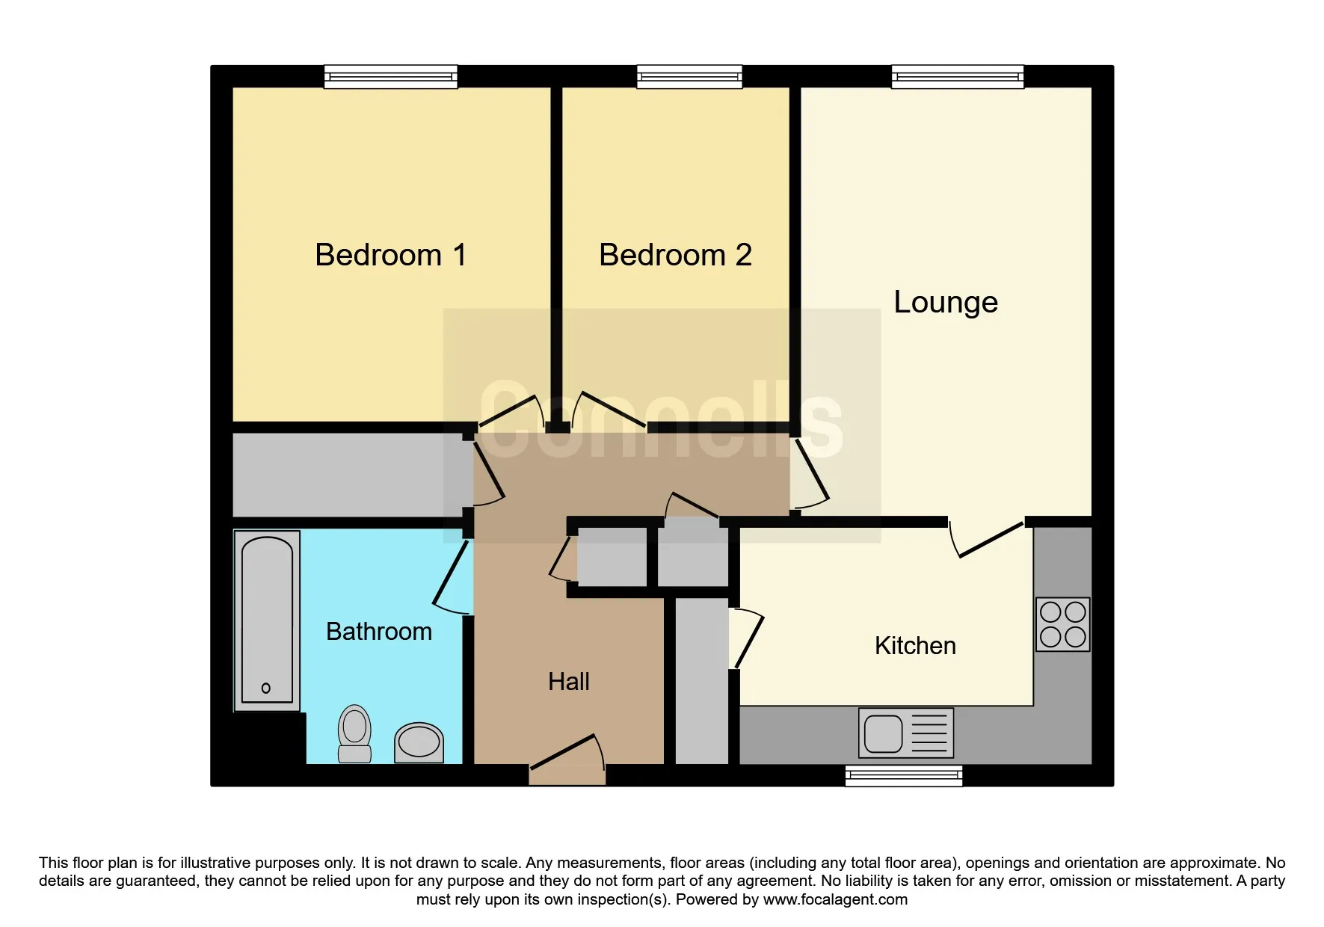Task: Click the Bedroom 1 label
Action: click(391, 255)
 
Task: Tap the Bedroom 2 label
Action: click(675, 255)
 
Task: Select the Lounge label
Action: click(946, 303)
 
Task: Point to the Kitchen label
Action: click(915, 645)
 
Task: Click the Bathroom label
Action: click(379, 632)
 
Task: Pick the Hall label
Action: click(568, 682)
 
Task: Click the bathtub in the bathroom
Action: click(267, 620)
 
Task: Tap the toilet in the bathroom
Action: click(354, 733)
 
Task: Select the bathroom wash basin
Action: click(419, 742)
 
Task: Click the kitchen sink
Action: click(906, 733)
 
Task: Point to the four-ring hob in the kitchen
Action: click(1062, 624)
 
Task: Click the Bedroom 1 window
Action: click(390, 76)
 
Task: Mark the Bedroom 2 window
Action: click(689, 76)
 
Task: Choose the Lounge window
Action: click(957, 76)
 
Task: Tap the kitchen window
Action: click(904, 776)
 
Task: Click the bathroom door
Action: click(450, 573)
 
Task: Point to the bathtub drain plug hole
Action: click(266, 688)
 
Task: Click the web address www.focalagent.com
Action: click(835, 899)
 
